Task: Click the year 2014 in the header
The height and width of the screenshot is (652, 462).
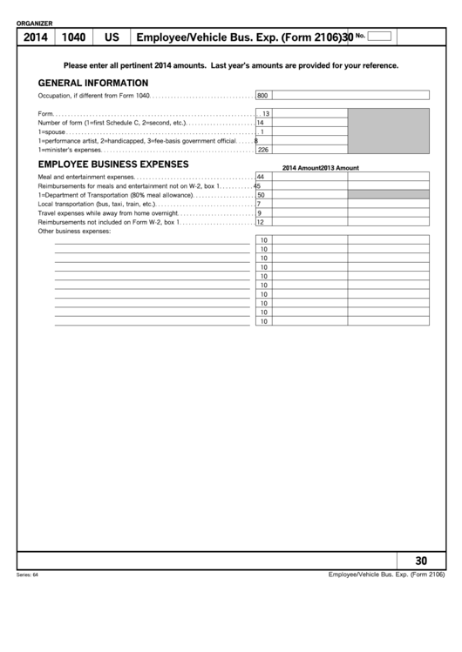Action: [35, 37]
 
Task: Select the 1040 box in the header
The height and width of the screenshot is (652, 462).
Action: [73, 37]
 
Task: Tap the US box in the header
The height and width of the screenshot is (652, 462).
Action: [112, 37]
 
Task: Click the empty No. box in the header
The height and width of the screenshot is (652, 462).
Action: [379, 37]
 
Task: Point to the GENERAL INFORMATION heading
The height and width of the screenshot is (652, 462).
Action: [93, 83]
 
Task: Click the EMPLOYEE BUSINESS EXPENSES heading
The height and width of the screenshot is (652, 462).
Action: [113, 164]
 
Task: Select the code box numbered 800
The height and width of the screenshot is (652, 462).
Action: [262, 96]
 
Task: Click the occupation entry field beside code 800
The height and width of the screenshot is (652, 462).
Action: [350, 96]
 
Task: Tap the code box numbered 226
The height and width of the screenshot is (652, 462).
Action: [262, 150]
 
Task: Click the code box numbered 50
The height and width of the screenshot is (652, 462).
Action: [262, 195]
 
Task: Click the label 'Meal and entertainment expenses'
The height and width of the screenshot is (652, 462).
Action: [86, 177]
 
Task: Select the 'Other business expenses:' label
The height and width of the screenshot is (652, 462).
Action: [75, 232]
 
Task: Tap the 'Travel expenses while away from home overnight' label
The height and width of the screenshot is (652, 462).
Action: [108, 213]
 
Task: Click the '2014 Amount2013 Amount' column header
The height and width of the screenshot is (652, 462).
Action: [320, 168]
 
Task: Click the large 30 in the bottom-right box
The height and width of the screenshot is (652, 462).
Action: [422, 561]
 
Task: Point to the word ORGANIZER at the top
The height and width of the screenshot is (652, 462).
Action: [35, 23]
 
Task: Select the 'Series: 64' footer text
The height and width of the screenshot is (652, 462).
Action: [28, 575]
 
